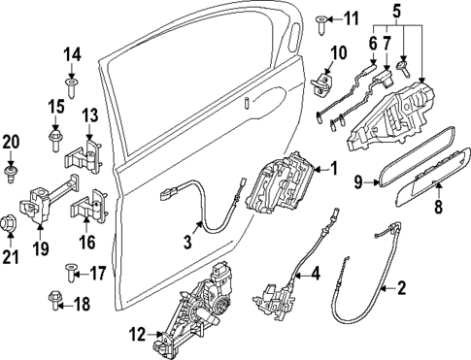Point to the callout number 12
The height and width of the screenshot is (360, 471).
click(x=136, y=336)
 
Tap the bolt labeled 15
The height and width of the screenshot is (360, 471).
click(x=56, y=143)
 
